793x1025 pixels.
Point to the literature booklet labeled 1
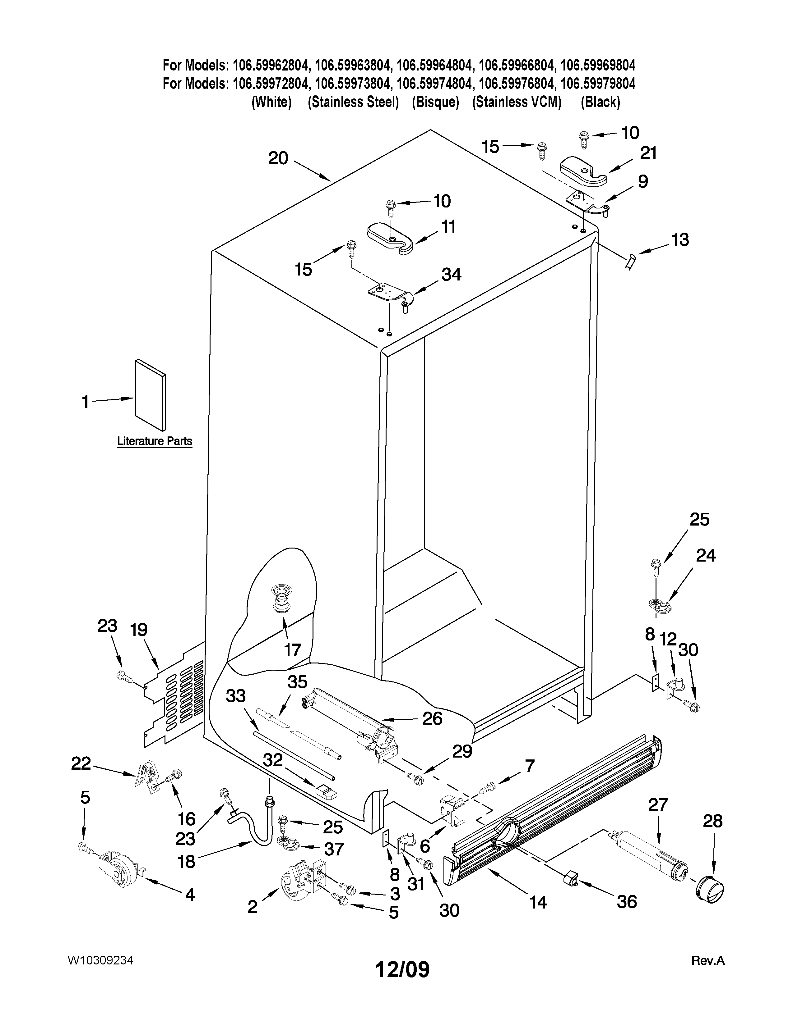[150, 395]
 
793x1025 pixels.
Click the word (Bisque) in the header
[435, 102]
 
